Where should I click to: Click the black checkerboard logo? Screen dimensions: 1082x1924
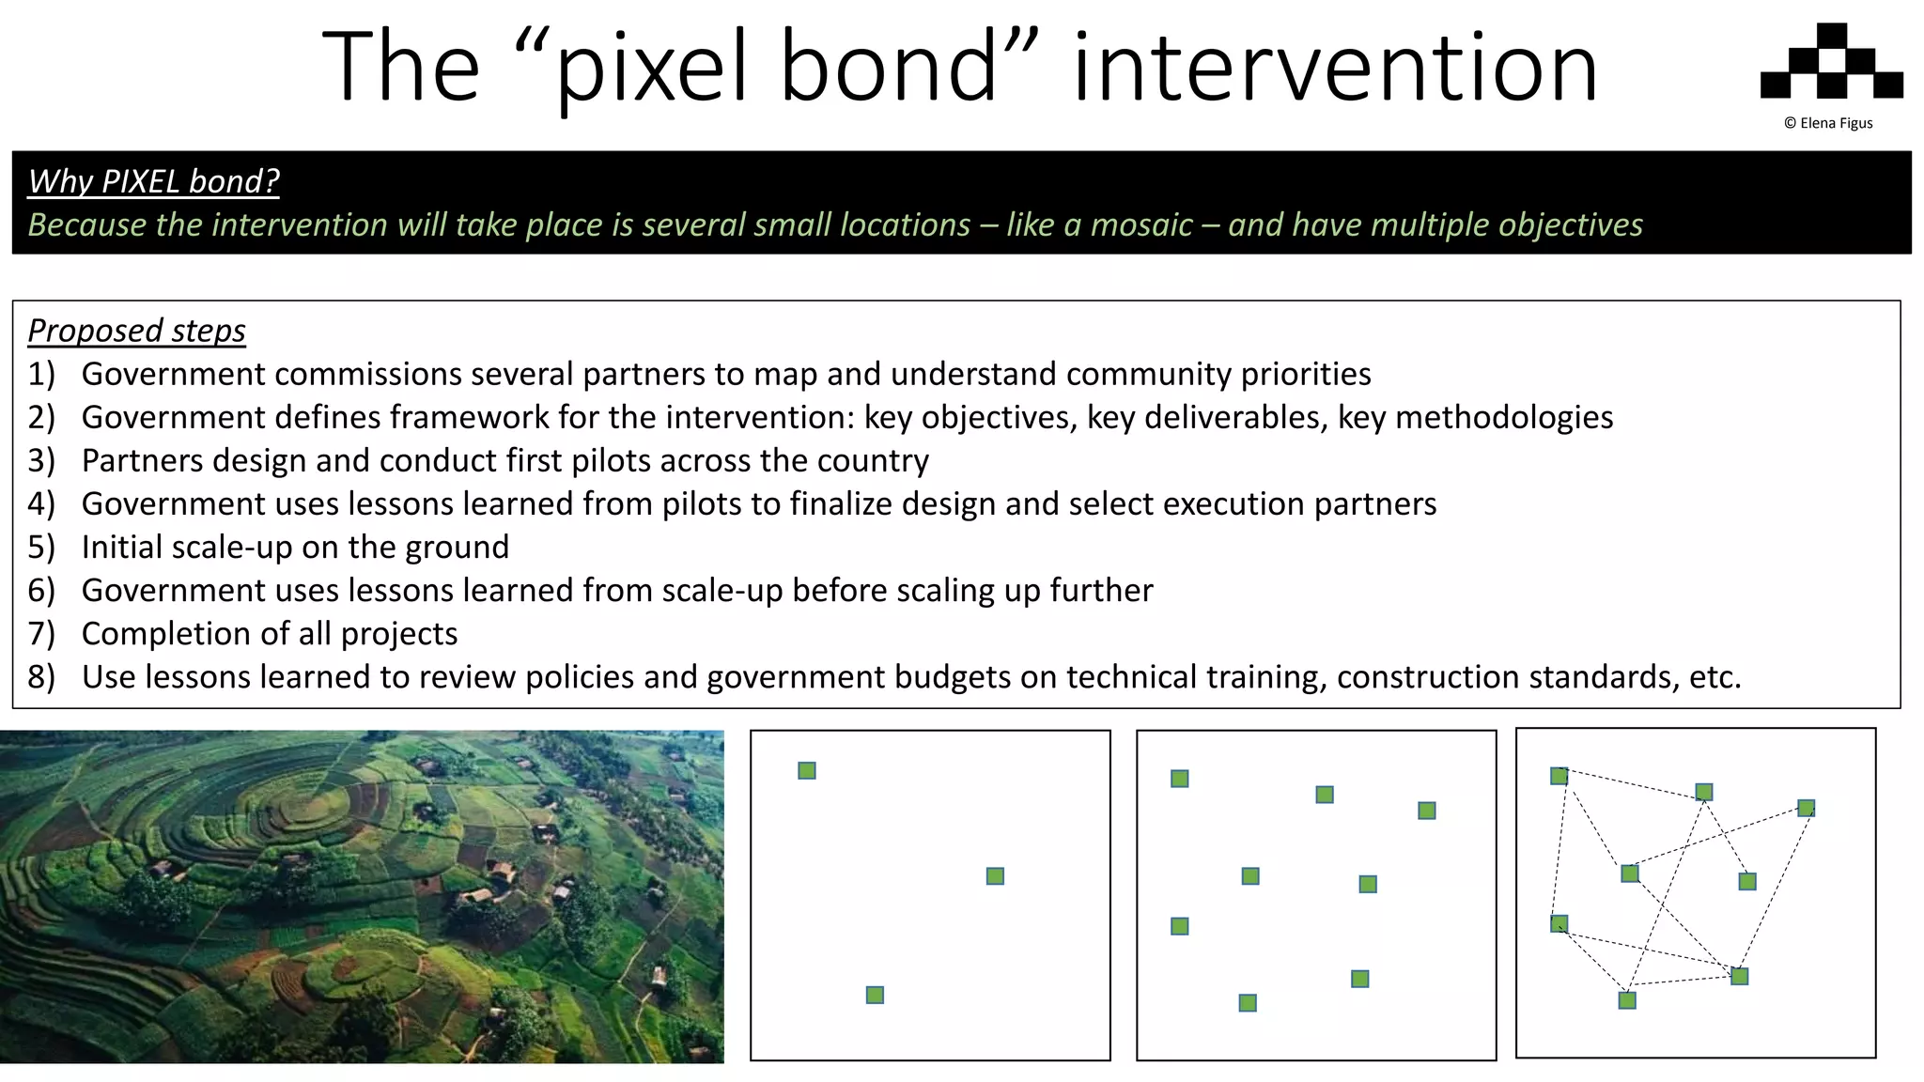1831,61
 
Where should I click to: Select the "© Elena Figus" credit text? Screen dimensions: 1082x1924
1828,123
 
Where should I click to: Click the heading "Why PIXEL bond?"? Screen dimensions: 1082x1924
153,180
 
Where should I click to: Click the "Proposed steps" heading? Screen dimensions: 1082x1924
136,331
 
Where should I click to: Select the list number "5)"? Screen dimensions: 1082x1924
41,547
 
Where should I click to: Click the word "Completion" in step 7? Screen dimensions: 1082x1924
161,633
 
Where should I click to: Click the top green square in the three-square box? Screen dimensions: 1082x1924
807,771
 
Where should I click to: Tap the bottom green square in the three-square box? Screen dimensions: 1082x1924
875,995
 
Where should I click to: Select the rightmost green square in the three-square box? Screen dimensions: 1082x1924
995,876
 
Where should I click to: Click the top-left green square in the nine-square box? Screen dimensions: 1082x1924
1180,779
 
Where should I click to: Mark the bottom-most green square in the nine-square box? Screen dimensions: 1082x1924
1248,1003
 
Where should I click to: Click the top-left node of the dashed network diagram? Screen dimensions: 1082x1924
1559,776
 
